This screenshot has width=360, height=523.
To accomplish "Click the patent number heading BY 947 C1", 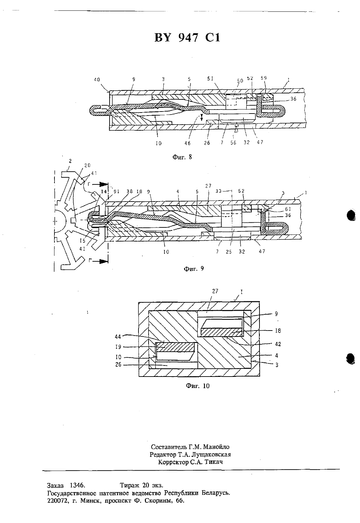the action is click(187, 38).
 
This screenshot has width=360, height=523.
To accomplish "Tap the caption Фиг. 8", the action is click(182, 157).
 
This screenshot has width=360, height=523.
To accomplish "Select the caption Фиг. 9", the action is click(194, 269).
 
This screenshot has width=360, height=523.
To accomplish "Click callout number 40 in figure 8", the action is click(97, 80).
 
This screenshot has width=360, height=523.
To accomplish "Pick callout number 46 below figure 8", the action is click(188, 143).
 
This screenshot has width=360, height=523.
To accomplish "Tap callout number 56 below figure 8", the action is click(233, 143).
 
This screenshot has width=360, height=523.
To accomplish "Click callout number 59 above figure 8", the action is click(264, 78).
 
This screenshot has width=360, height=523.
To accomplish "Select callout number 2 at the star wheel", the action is click(70, 161).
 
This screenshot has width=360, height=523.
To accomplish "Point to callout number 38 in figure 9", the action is click(129, 191).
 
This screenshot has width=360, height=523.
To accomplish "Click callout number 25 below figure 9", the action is click(229, 252).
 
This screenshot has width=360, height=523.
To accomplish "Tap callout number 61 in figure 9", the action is click(288, 209).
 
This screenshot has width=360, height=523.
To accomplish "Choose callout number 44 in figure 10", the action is click(118, 337).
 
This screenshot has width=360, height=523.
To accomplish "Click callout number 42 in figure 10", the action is click(278, 344).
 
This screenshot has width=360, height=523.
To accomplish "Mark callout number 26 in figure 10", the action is click(118, 364).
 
